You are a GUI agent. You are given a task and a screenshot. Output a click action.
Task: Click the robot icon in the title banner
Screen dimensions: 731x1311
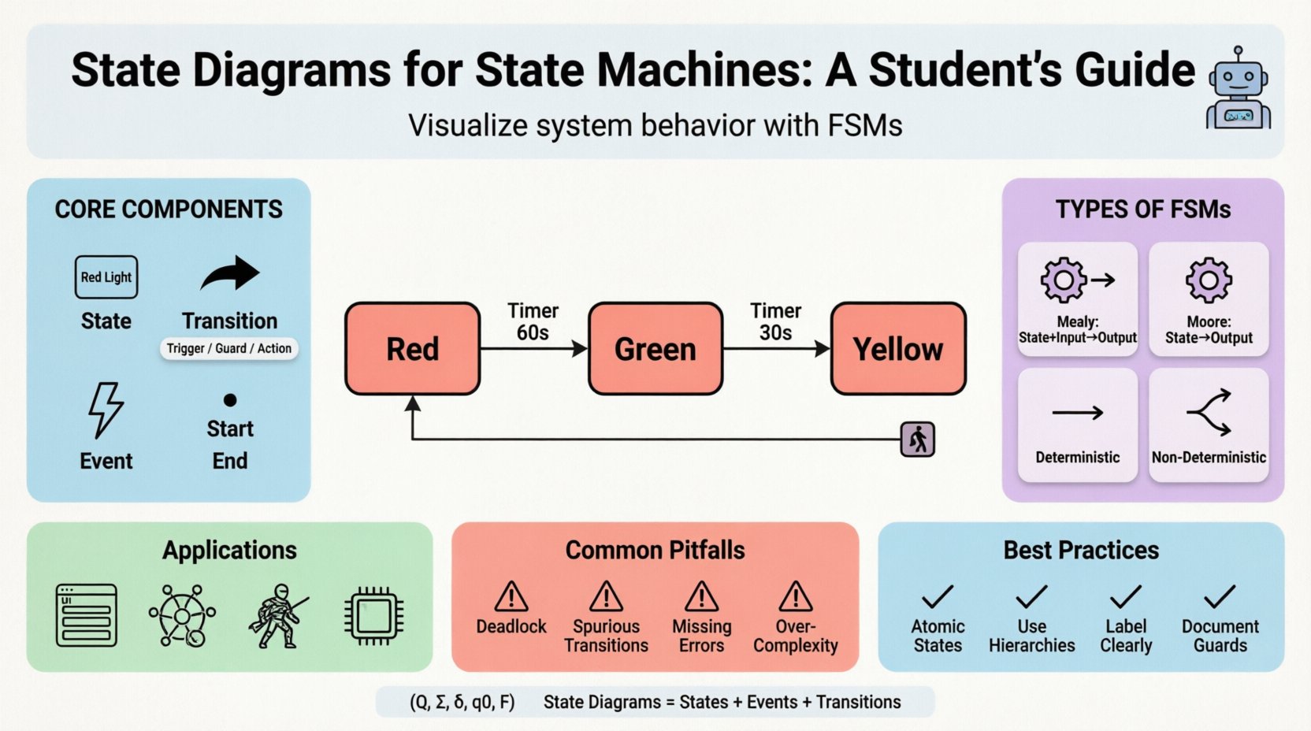click(1239, 88)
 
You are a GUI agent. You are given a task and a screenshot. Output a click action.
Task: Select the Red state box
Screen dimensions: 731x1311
click(413, 348)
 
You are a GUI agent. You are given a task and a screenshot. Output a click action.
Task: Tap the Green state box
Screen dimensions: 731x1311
click(655, 348)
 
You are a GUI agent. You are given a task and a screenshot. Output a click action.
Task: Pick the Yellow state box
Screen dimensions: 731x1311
click(898, 348)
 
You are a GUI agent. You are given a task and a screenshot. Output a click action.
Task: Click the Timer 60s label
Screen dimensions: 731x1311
click(533, 322)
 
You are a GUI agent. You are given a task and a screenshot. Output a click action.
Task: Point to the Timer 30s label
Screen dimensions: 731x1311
click(775, 322)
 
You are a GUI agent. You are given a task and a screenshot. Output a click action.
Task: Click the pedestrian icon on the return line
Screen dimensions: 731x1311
click(918, 440)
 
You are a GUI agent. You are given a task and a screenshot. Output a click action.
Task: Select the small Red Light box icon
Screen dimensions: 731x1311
click(106, 277)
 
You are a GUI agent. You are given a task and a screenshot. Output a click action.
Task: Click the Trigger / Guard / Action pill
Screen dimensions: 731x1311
click(229, 348)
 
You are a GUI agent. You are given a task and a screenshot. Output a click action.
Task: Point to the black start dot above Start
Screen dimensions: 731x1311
click(230, 400)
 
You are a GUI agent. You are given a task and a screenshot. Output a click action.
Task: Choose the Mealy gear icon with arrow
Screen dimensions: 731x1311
click(1076, 280)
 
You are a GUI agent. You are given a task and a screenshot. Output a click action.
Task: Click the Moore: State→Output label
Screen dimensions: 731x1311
click(1209, 330)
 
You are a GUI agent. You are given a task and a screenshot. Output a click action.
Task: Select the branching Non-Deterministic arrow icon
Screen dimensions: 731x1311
click(1209, 412)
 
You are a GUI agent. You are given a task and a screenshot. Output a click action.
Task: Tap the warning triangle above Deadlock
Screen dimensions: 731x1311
click(511, 596)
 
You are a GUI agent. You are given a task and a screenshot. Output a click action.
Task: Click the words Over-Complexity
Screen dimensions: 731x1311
click(796, 636)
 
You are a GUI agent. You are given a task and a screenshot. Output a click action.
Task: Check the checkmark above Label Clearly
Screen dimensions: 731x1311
click(1126, 596)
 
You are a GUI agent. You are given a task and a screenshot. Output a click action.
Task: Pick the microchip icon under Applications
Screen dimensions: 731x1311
click(374, 615)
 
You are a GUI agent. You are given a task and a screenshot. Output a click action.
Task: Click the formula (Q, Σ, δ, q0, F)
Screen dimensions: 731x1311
click(462, 702)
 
